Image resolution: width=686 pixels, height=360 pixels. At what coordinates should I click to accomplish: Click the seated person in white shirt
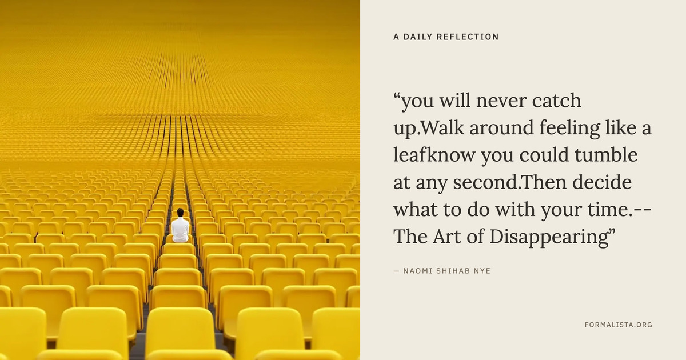pos(180,226)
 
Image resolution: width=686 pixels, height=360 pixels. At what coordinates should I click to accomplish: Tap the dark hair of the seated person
pos(180,212)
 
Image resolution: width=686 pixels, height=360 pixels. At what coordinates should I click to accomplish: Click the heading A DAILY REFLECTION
pos(446,37)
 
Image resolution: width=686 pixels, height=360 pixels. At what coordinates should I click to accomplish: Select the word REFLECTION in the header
pos(468,37)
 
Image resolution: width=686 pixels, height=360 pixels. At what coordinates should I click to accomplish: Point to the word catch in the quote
pos(556,101)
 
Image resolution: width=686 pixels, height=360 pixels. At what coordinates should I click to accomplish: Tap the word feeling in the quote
pos(569,129)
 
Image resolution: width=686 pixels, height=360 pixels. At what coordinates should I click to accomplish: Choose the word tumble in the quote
pos(606,155)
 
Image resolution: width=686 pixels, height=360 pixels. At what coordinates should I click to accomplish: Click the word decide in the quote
pos(602,182)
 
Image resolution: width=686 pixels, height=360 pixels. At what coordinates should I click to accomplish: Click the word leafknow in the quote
pos(434,155)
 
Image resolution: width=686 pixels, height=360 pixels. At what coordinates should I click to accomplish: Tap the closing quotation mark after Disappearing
pos(612,232)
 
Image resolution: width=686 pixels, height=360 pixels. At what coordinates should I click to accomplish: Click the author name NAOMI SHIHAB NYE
pos(447,271)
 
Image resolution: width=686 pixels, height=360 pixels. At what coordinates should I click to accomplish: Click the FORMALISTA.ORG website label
pos(619,325)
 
